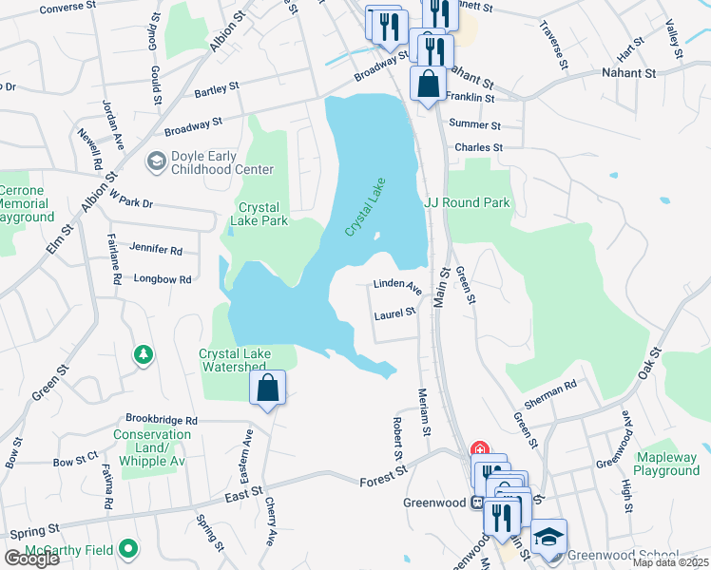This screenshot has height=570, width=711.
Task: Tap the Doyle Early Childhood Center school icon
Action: point(154,162)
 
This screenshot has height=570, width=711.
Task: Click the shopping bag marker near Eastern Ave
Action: point(267,388)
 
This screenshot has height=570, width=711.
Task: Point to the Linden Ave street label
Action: point(397,284)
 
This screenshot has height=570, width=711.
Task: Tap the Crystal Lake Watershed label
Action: point(234,361)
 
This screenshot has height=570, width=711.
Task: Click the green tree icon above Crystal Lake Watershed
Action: point(144,354)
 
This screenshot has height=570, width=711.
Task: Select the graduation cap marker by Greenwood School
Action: point(548,538)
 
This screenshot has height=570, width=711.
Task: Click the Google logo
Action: point(31,559)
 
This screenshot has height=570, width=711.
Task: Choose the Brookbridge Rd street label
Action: point(162,419)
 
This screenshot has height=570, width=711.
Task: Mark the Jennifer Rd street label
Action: point(156,250)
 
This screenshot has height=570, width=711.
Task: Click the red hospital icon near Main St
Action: point(481,449)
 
